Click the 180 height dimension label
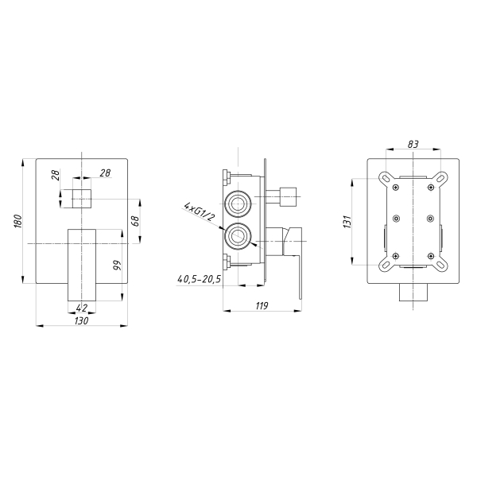(x=18, y=221)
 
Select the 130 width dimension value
(x=81, y=320)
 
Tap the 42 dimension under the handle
(x=82, y=308)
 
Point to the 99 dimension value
(x=117, y=265)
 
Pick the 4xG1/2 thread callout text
(x=199, y=211)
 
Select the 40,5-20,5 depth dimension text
(x=199, y=279)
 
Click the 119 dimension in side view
(x=262, y=305)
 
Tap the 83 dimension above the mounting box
(x=413, y=144)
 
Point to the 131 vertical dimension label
(x=347, y=222)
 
